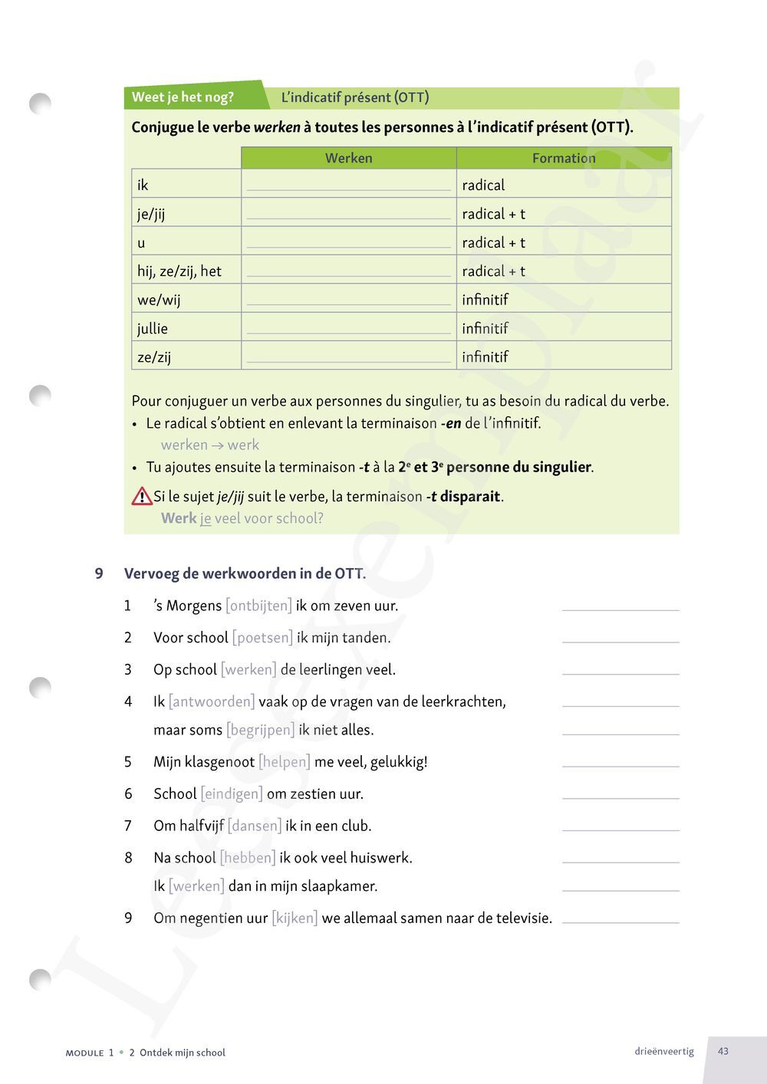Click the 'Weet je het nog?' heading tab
click(x=183, y=97)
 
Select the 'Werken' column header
click(x=348, y=158)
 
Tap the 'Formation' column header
click(x=564, y=158)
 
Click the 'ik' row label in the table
click(x=143, y=185)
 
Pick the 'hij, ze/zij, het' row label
click(x=179, y=271)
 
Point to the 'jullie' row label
click(x=152, y=328)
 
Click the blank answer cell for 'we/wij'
click(x=348, y=299)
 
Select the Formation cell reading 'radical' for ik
click(x=483, y=185)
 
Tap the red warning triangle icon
click(x=142, y=497)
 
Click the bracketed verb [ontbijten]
click(x=258, y=606)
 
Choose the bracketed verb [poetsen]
click(x=262, y=638)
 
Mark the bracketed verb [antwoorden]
click(x=212, y=701)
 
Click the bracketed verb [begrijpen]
click(x=260, y=730)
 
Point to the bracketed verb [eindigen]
click(x=232, y=793)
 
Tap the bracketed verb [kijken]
click(x=295, y=918)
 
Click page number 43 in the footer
click(x=723, y=1051)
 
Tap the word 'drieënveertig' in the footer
click(x=664, y=1051)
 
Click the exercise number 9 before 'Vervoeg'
click(x=99, y=573)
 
